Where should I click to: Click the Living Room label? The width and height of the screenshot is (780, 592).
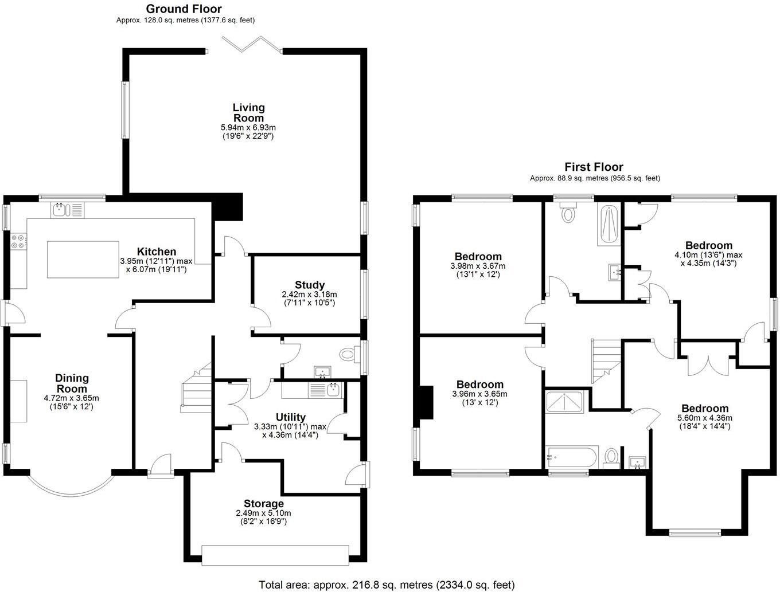[x=248, y=112]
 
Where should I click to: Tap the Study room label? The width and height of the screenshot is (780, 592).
[x=310, y=285]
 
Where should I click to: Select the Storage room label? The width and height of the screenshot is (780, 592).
[x=264, y=504]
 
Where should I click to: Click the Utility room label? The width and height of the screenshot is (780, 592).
[x=290, y=417]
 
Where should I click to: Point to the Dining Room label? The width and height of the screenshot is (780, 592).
[x=72, y=383]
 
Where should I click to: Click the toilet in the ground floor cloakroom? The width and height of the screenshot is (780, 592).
[x=347, y=355]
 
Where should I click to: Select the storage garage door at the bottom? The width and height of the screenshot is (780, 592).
[x=275, y=555]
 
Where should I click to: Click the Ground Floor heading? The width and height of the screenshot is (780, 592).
[x=184, y=9]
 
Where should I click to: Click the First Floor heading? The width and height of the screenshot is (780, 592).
[x=594, y=167]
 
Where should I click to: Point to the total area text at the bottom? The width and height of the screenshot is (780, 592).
[x=387, y=585]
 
